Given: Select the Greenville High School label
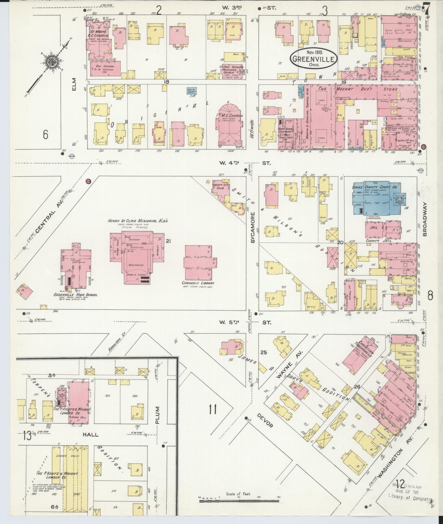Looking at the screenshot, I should pyautogui.click(x=75, y=295).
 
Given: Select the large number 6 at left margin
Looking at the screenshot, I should pyautogui.click(x=46, y=134).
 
